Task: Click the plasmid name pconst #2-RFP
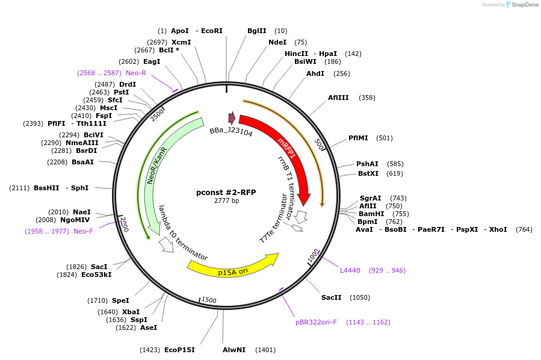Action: click(x=226, y=193)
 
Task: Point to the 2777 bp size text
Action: click(x=226, y=201)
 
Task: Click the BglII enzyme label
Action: click(x=257, y=31)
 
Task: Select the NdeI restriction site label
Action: click(x=277, y=42)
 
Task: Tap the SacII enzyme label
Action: click(x=331, y=297)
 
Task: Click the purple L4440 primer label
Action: click(x=350, y=270)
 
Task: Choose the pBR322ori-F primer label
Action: click(x=316, y=322)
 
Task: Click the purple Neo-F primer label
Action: click(x=83, y=231)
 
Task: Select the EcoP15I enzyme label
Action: click(x=179, y=350)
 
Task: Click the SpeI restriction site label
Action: click(x=120, y=300)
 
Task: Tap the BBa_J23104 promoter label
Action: click(x=231, y=131)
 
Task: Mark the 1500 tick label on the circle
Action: click(x=209, y=299)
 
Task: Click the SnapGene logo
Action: click(x=522, y=5)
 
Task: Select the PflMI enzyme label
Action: click(x=359, y=138)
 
